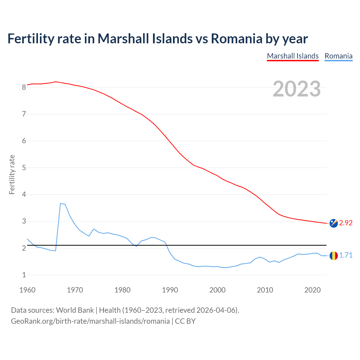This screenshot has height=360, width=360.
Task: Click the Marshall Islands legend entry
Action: coord(292,56)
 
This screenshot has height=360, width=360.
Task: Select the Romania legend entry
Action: coord(338,56)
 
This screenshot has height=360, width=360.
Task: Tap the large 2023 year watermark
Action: coord(296,89)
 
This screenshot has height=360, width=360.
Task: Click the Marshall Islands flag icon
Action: coord(334,223)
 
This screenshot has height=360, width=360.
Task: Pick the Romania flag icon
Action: coord(334,255)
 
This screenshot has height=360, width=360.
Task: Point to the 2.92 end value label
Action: coord(346,223)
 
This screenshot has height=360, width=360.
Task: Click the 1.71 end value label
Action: coord(346,255)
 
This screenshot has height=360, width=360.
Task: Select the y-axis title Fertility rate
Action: coord(12,174)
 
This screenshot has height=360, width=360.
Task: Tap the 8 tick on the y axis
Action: coord(24,87)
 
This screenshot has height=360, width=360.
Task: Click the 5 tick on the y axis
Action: coord(24,168)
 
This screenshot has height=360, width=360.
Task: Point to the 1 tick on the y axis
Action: coord(24,275)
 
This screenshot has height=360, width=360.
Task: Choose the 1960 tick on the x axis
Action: coord(27,290)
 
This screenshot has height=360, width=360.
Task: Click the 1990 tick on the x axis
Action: coord(170,290)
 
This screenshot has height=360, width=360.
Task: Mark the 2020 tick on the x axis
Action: coord(312,290)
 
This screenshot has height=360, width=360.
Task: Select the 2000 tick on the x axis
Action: coord(217,290)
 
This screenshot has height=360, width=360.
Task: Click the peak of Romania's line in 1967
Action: coord(60,203)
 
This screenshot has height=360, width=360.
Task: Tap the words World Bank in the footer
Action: coord(75,310)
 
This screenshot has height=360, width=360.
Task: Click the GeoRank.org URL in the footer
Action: coord(90,321)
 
